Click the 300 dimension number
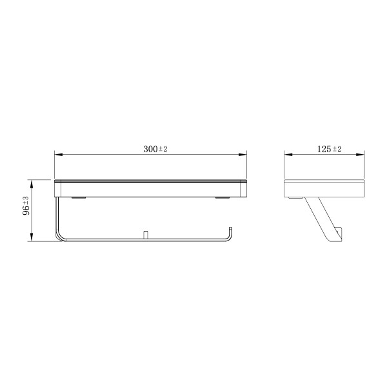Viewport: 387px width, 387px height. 150,149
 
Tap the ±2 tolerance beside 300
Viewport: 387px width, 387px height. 163,149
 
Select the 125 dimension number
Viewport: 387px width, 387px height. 324,149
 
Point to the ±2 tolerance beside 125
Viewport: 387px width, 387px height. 337,149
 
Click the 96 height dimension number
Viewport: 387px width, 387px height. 26,210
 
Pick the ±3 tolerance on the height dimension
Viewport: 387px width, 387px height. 26,200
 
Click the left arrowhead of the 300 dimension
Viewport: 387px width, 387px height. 58,155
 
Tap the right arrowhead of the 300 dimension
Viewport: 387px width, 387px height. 243,155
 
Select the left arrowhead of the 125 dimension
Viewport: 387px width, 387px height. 288,155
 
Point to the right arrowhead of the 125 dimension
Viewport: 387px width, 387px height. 361,155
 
